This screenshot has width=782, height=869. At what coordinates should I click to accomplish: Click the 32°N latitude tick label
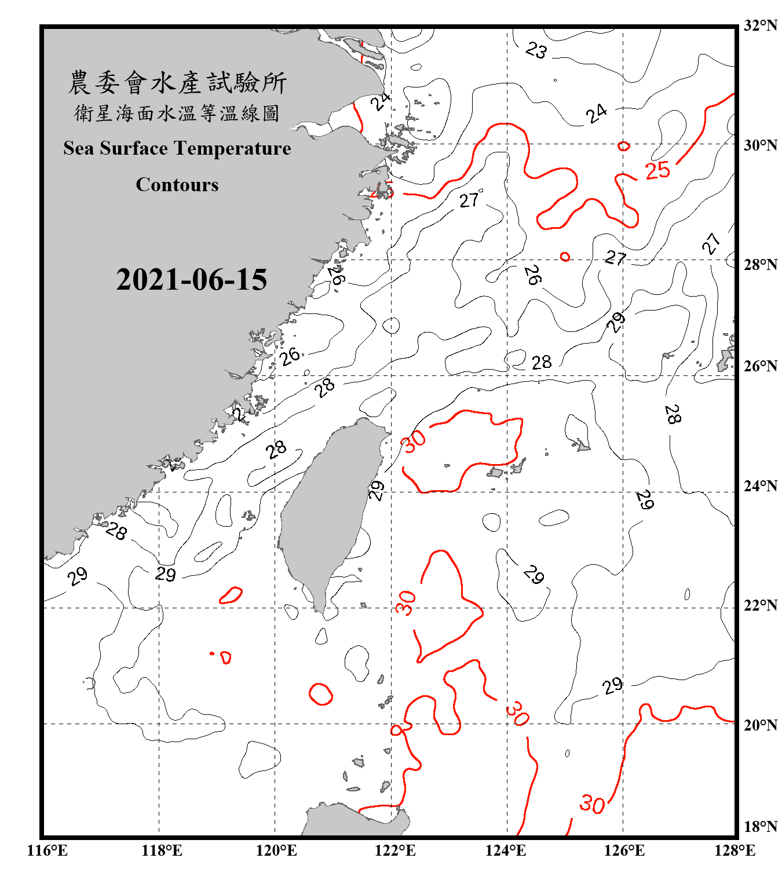760,25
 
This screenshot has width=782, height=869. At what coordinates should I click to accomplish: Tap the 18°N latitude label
760,826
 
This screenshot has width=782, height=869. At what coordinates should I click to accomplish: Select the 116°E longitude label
47,850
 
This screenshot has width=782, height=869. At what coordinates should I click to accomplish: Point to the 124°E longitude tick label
506,850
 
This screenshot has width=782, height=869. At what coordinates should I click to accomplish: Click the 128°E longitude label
735,850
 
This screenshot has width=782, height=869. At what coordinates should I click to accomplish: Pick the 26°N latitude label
760,366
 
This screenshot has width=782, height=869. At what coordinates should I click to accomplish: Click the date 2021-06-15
191,280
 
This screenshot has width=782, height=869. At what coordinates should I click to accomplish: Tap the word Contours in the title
177,185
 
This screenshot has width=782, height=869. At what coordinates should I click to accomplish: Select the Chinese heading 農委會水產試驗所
177,82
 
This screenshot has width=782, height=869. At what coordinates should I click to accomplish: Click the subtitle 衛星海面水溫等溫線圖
177,113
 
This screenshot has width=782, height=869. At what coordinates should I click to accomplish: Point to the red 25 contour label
657,170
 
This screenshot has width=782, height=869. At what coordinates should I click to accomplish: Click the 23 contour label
536,50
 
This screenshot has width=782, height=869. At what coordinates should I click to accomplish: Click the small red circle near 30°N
623,146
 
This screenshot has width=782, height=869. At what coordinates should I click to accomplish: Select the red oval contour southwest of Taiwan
320,694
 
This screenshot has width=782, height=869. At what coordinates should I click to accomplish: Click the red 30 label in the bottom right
592,804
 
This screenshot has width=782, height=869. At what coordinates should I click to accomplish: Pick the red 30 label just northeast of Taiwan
414,441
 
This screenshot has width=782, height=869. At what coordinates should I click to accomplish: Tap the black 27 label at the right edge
711,243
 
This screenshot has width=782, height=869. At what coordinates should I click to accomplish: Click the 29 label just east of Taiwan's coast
377,490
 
